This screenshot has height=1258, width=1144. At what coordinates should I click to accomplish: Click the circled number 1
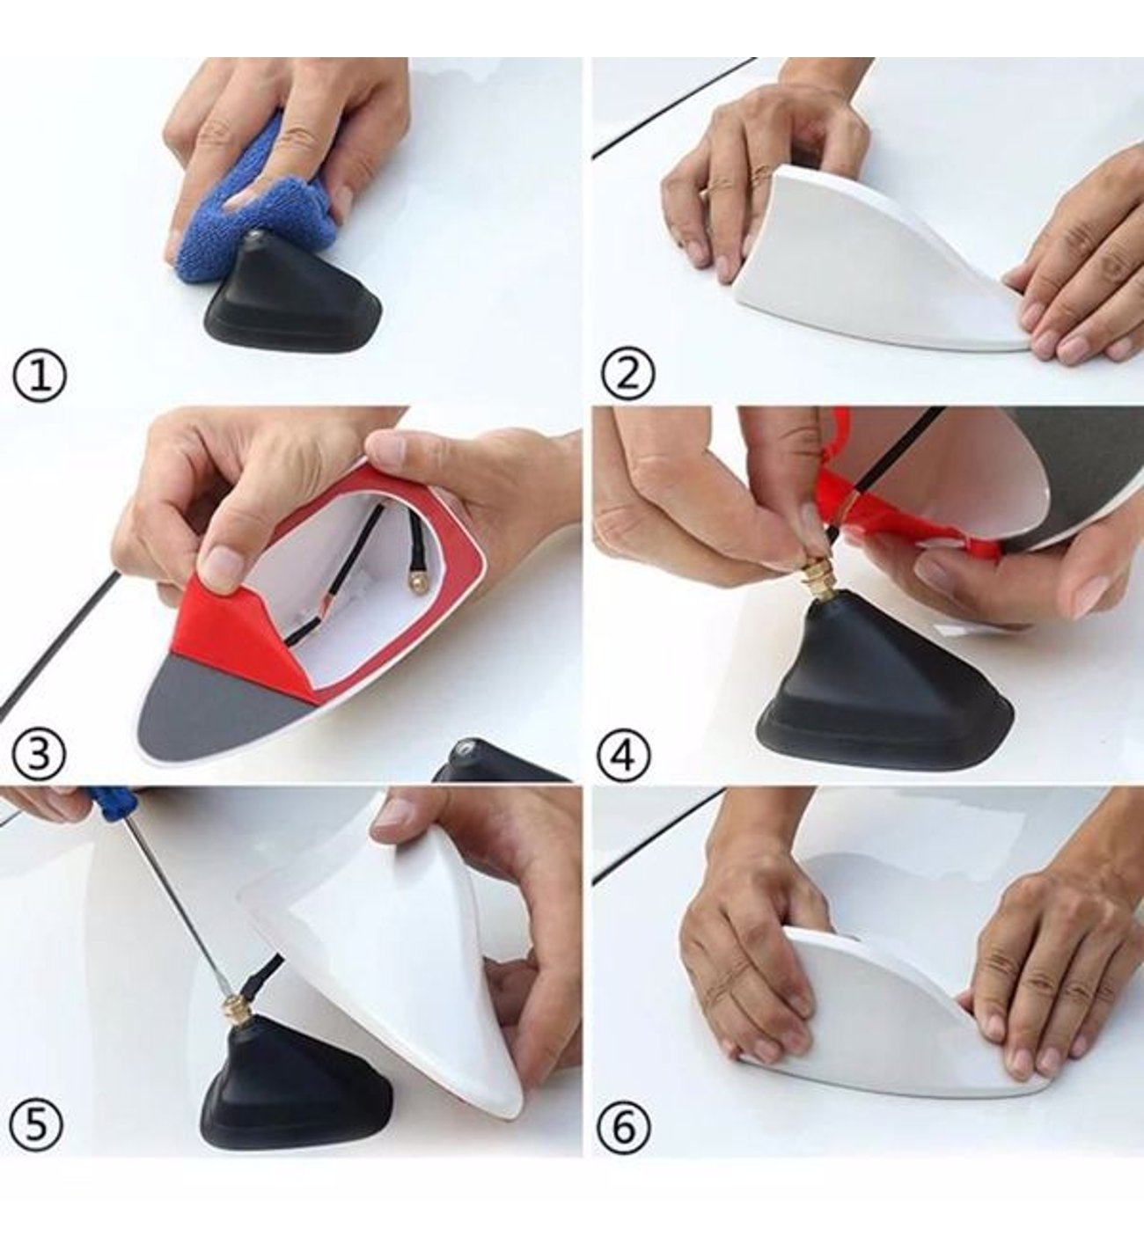(39, 377)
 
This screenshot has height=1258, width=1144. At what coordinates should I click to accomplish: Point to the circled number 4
(626, 757)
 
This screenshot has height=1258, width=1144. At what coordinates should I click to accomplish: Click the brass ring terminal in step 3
(414, 583)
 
